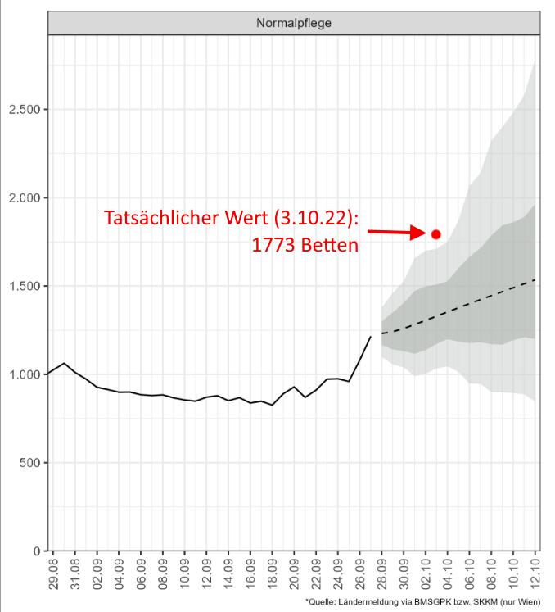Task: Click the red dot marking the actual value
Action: click(x=435, y=233)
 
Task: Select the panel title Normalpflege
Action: click(x=294, y=24)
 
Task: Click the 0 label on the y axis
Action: click(x=36, y=551)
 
